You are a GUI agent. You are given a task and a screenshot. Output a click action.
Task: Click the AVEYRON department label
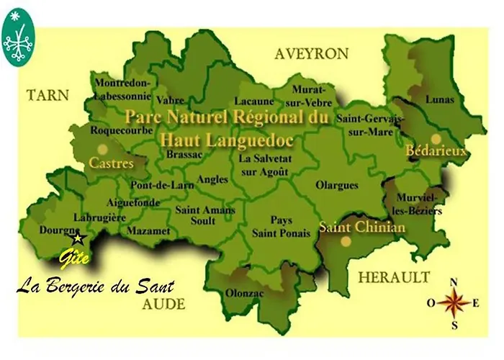(x=311, y=54)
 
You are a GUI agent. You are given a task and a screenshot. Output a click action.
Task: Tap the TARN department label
(x=48, y=94)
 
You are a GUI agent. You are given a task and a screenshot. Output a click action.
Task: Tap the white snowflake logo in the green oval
(x=18, y=39)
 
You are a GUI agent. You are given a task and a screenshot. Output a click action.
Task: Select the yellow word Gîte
(x=74, y=257)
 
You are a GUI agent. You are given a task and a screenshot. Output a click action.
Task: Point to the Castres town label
(x=111, y=163)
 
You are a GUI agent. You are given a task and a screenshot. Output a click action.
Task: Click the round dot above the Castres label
(x=103, y=149)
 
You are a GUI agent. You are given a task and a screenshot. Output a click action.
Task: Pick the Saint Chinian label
(x=362, y=228)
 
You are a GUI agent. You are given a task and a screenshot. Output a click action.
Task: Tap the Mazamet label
(x=148, y=231)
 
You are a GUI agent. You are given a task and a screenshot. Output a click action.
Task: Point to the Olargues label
(x=336, y=185)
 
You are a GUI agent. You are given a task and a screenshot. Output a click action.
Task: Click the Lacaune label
(x=256, y=102)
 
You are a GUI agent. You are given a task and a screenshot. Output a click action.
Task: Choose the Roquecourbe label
(x=121, y=131)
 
